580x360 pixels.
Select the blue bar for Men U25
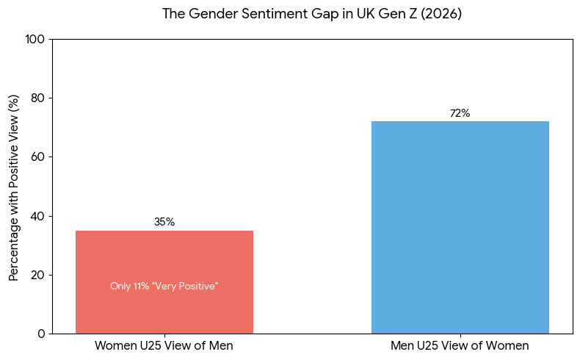coord(460,227)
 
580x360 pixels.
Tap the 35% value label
coord(164,222)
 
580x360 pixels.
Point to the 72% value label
coord(460,113)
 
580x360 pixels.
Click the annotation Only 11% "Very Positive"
coord(164,287)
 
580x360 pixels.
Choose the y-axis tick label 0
coord(41,334)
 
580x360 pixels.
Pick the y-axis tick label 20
coord(38,275)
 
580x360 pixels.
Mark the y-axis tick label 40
coord(38,216)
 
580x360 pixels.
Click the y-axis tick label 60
coord(38,156)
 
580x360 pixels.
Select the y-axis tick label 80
coord(38,98)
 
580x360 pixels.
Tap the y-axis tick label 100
coord(35,39)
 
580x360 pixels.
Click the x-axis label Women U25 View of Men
coord(164,346)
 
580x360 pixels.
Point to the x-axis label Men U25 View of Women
coord(460,346)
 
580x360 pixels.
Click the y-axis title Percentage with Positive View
coord(14,187)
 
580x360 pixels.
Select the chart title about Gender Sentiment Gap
coord(312,14)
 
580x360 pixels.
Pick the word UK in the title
coord(358,14)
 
